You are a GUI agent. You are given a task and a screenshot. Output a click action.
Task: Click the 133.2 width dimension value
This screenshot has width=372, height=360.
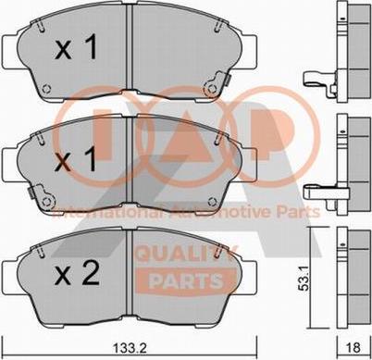[130, 349]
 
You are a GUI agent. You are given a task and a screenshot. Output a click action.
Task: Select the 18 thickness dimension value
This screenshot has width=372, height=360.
[353, 349]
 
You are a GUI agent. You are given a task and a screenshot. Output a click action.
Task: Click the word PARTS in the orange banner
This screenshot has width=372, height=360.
[186, 281]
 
